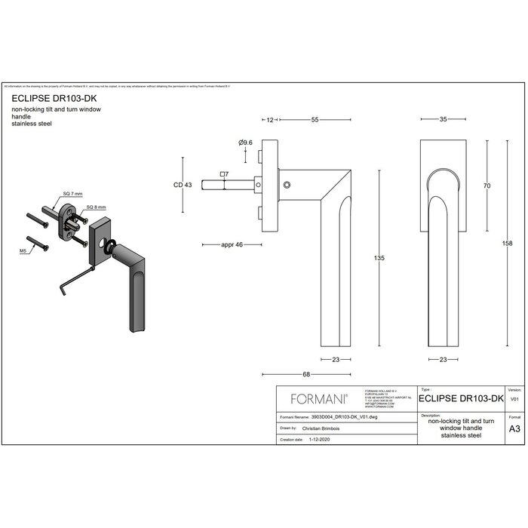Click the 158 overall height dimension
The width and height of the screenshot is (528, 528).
click(x=508, y=243)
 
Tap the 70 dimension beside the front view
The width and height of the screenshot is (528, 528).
click(x=488, y=185)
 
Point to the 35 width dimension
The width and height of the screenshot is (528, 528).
click(x=443, y=119)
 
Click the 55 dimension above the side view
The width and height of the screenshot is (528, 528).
click(x=315, y=119)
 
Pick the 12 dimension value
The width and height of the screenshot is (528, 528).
click(x=269, y=119)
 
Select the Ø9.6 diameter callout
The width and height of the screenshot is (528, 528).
click(x=244, y=143)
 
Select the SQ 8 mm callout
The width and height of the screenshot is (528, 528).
click(x=97, y=207)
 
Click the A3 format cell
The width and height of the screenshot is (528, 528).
click(x=514, y=428)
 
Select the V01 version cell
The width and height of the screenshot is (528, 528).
click(x=514, y=398)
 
